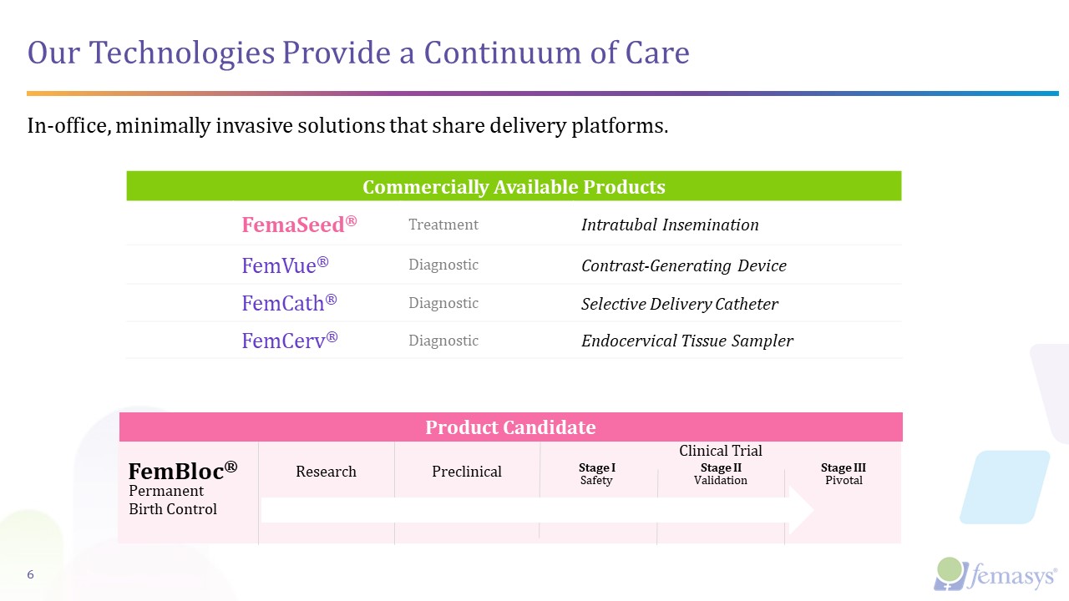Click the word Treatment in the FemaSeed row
(443, 225)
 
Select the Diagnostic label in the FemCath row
(443, 303)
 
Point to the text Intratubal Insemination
(670, 225)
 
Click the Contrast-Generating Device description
(683, 265)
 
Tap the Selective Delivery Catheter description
(679, 304)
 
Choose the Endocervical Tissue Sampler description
(686, 341)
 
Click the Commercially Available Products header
(514, 186)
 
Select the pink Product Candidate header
(510, 427)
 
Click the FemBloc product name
(182, 471)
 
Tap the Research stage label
(326, 472)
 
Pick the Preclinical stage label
(466, 472)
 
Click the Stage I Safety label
(596, 474)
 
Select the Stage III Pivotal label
(843, 474)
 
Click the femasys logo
(995, 574)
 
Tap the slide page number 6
(31, 574)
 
